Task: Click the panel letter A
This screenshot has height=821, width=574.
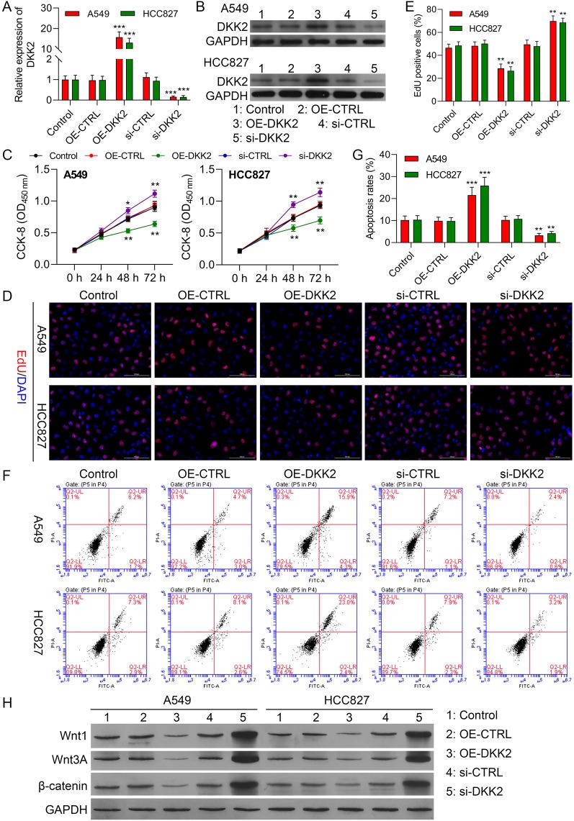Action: pyautogui.click(x=6, y=9)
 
